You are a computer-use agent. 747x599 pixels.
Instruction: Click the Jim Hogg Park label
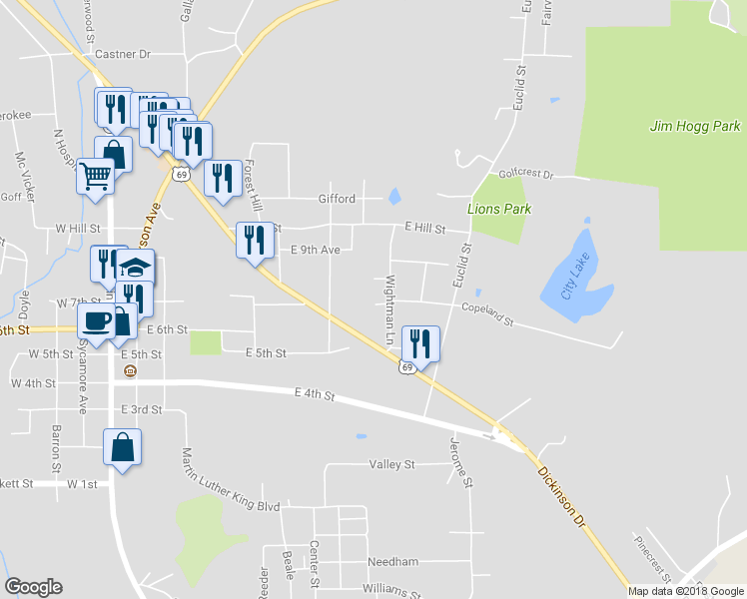click(x=695, y=127)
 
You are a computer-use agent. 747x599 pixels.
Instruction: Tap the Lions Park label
click(x=499, y=209)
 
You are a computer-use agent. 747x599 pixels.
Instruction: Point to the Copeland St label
click(x=486, y=314)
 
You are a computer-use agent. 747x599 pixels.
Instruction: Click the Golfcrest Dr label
click(x=525, y=173)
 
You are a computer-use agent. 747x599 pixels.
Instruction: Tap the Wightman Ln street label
click(x=391, y=305)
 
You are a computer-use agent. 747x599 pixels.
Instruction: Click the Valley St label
click(x=391, y=464)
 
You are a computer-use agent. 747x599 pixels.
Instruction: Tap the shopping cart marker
click(x=95, y=176)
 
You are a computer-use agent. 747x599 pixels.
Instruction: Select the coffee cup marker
click(x=96, y=321)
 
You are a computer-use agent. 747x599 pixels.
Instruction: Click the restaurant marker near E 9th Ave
click(x=254, y=240)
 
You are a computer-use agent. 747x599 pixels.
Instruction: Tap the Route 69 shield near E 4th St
click(x=406, y=368)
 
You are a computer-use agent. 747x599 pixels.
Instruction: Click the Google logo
click(x=34, y=587)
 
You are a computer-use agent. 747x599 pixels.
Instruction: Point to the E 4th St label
click(x=314, y=395)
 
